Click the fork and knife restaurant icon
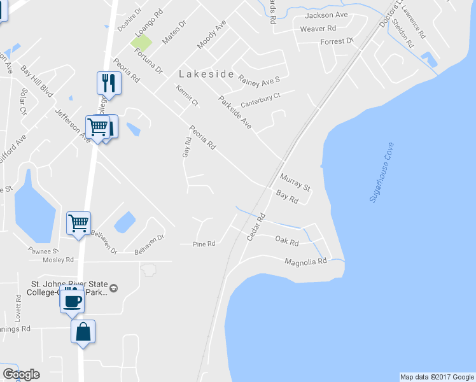pos(109,83)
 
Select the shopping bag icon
pos(83,332)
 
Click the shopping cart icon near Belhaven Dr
pos(79,223)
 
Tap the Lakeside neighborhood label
pos(206,74)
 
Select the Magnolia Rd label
pos(305,262)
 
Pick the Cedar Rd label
pos(255,227)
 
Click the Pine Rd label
pos(204,244)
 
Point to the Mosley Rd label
pos(58,260)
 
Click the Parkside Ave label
pos(235,112)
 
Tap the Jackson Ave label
pos(326,15)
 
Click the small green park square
pos(142,43)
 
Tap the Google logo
pos(21,374)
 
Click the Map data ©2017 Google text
pos(437,377)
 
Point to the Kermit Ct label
pos(188,95)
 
